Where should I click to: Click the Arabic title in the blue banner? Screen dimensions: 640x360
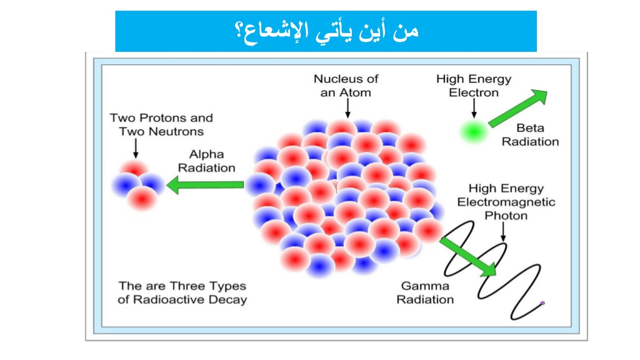(x=326, y=31)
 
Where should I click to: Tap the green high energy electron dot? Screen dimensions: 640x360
(x=474, y=131)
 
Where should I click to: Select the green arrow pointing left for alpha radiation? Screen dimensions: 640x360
(x=205, y=185)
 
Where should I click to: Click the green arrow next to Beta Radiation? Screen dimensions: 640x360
(x=518, y=108)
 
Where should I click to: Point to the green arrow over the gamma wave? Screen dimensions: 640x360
(x=467, y=257)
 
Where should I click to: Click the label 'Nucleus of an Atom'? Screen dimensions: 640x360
(x=346, y=86)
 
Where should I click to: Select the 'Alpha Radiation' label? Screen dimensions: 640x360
(x=206, y=161)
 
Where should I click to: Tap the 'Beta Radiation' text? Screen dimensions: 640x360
(x=530, y=135)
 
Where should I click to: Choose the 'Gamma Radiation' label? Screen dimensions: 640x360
(x=425, y=292)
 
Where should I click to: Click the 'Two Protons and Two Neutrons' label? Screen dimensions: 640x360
(x=161, y=124)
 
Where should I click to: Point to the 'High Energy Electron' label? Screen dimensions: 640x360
(x=474, y=86)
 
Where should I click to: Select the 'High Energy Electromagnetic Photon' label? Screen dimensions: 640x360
(x=506, y=202)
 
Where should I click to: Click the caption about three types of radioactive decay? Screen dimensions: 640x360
(x=182, y=292)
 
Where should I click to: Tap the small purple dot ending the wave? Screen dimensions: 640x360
(x=542, y=303)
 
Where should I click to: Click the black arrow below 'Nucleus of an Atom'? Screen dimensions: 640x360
(x=347, y=109)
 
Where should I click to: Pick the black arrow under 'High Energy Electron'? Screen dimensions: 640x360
(x=474, y=109)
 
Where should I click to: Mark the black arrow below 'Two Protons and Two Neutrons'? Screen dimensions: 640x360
(x=136, y=148)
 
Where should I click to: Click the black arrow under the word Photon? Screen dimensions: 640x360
(x=503, y=232)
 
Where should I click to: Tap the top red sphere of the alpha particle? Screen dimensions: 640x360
(x=134, y=169)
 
